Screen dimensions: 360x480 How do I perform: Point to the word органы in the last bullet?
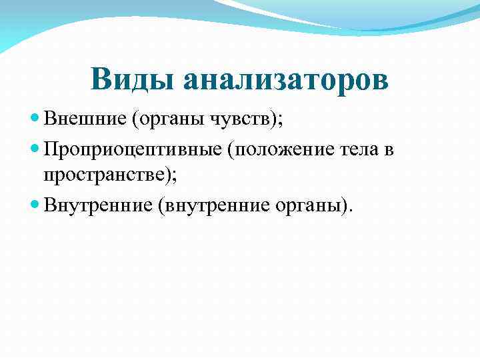(x=307, y=206)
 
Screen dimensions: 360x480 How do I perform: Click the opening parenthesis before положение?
(x=230, y=151)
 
